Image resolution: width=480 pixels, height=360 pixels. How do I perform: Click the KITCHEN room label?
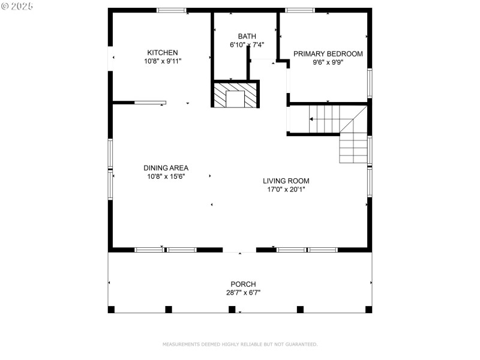tap(163, 53)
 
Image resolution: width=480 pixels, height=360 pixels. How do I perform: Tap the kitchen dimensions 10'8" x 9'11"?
tap(163, 61)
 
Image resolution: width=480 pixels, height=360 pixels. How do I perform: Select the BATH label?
tap(247, 36)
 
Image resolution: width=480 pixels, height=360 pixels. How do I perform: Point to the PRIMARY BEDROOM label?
tap(328, 54)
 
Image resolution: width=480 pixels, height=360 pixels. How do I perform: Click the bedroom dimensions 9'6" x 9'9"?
tap(328, 62)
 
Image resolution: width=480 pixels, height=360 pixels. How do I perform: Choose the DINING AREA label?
tap(166, 168)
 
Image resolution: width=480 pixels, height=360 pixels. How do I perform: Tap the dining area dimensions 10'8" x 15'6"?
tap(166, 176)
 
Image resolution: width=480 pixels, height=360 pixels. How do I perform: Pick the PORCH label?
tap(243, 284)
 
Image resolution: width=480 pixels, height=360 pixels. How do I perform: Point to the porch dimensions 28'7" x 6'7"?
tap(243, 293)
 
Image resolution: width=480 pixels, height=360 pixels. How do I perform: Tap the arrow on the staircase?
tap(311, 119)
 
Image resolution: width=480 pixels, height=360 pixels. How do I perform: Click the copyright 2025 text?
tap(17, 6)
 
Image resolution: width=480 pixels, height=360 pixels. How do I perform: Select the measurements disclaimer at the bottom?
tap(240, 344)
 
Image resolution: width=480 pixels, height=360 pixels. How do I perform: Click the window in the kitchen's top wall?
tap(172, 10)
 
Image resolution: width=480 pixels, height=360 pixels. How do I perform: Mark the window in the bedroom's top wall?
tap(299, 10)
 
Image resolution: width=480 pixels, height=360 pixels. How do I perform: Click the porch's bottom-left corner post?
tap(111, 310)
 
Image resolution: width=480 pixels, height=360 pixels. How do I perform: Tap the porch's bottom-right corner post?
tap(368, 310)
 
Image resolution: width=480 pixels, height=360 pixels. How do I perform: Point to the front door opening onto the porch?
tap(239, 250)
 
